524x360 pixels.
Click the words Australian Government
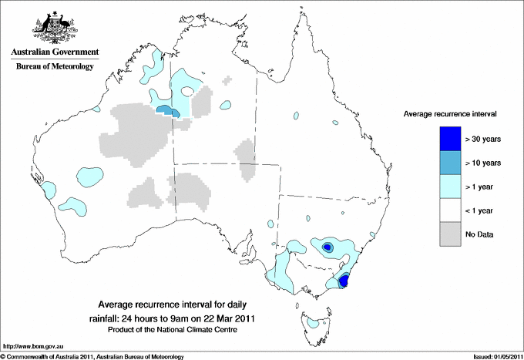pyautogui.click(x=55, y=52)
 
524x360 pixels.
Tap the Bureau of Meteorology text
pyautogui.click(x=55, y=67)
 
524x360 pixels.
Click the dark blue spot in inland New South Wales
pyautogui.click(x=327, y=247)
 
